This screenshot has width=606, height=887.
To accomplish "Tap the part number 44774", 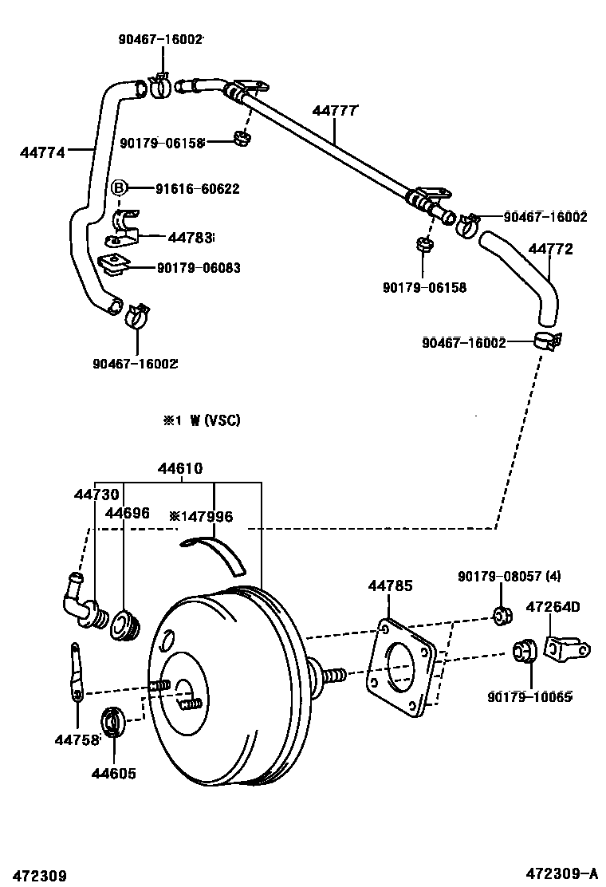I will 41,149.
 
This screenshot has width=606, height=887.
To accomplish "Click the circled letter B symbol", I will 118,188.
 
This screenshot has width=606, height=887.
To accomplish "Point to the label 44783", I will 190,237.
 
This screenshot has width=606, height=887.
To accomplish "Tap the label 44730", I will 96,495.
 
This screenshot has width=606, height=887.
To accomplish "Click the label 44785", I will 390,586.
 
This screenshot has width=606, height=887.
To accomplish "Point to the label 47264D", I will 553,607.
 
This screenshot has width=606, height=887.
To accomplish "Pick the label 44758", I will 77,740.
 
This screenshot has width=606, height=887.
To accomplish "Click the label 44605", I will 113,773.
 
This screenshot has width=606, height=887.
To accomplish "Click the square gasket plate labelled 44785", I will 403,666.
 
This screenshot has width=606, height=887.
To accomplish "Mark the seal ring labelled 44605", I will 112,722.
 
